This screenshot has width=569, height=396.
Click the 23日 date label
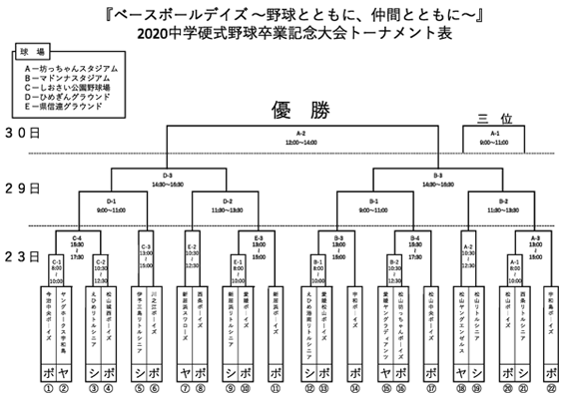[21, 257]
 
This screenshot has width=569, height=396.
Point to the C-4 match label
[77, 240]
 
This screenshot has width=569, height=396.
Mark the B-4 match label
[413, 240]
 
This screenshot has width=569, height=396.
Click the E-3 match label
[259, 240]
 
